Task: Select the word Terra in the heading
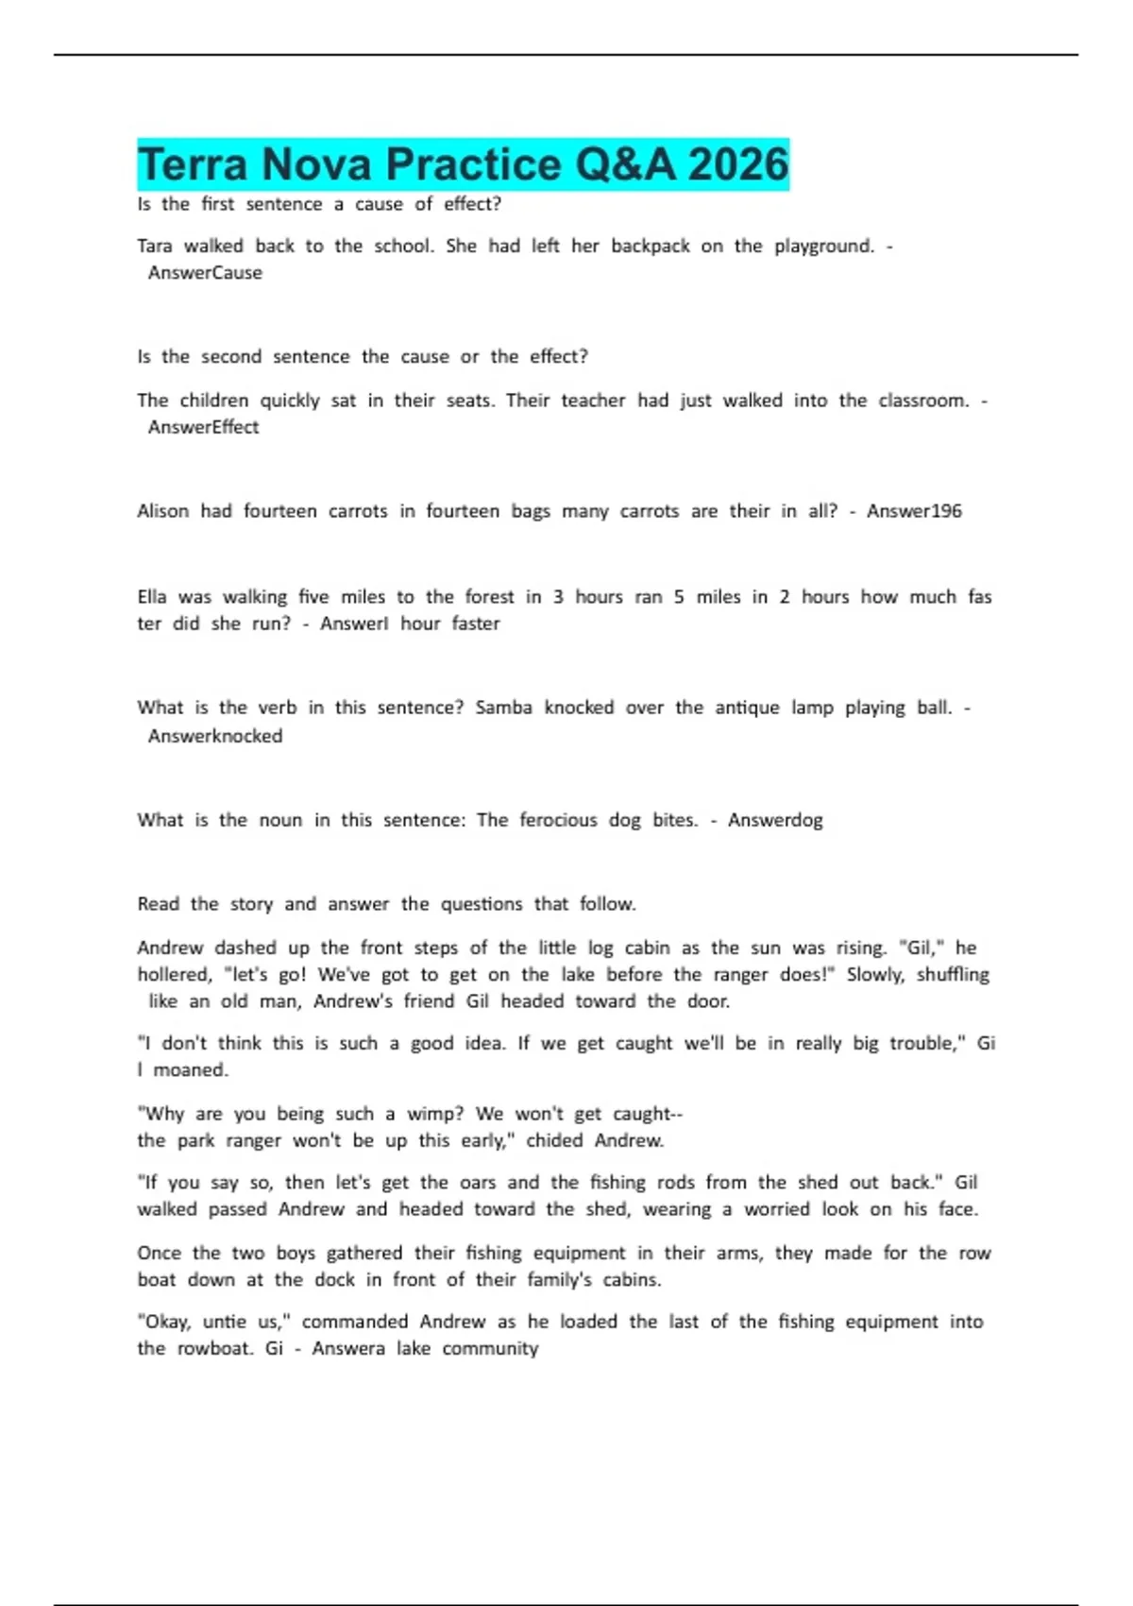[x=194, y=164]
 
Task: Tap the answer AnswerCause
[x=205, y=273]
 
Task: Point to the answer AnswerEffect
[x=203, y=427]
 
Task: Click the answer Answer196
[x=914, y=511]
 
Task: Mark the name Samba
[x=503, y=708]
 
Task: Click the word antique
[x=747, y=708]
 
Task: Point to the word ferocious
[x=558, y=820]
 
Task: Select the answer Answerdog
[x=775, y=820]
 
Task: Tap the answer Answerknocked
[x=215, y=736]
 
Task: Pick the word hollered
[x=175, y=975]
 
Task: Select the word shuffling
[x=953, y=975]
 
